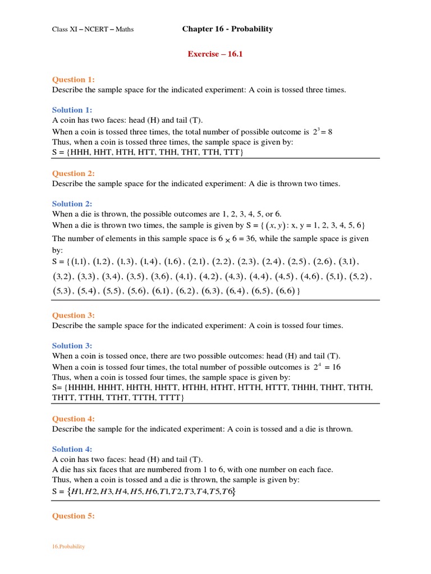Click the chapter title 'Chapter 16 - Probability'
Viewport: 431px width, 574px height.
click(x=227, y=29)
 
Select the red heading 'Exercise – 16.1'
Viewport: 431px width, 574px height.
click(x=215, y=54)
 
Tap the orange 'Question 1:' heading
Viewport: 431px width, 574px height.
click(x=74, y=80)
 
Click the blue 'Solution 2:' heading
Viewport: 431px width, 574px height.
click(x=72, y=204)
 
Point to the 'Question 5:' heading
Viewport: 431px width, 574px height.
click(x=74, y=516)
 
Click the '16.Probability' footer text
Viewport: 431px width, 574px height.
click(x=68, y=547)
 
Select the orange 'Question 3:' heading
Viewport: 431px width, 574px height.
click(x=74, y=316)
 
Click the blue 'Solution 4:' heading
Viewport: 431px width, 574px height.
click(x=72, y=449)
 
